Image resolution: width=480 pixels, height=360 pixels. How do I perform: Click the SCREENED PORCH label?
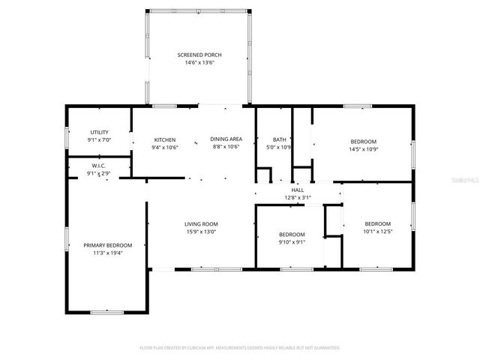pos(199,55)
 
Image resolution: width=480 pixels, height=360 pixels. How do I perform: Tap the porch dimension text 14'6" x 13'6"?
pos(199,62)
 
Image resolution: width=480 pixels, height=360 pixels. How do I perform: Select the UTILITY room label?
pos(100,132)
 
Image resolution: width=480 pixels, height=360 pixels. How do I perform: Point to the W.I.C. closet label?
pos(98,166)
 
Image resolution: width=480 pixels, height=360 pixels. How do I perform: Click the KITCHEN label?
pos(165,139)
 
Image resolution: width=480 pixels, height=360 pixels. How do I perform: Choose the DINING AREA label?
pos(225,139)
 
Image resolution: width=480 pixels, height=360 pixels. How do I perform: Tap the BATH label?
pos(279,139)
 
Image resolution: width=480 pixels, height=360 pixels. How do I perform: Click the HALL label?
pos(298,190)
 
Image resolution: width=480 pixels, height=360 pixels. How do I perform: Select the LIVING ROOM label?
pos(201,223)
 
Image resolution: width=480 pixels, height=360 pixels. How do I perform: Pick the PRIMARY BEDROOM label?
pos(107,245)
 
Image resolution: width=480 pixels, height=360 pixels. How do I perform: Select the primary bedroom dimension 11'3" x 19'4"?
pos(107,253)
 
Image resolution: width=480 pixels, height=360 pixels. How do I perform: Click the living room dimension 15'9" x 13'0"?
pos(201,231)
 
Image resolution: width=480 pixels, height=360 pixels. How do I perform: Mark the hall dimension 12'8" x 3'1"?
pos(298,197)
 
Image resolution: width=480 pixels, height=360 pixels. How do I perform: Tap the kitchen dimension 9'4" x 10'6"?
pos(165,147)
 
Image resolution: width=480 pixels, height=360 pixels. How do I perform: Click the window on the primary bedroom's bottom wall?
pos(106,311)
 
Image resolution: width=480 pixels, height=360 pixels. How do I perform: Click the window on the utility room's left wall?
pos(66,136)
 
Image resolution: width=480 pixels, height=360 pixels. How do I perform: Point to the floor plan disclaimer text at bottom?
pos(240,348)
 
